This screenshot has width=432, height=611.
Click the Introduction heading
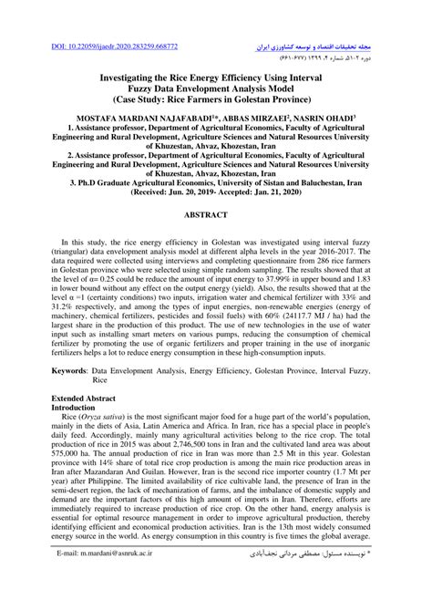point(74,436)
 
